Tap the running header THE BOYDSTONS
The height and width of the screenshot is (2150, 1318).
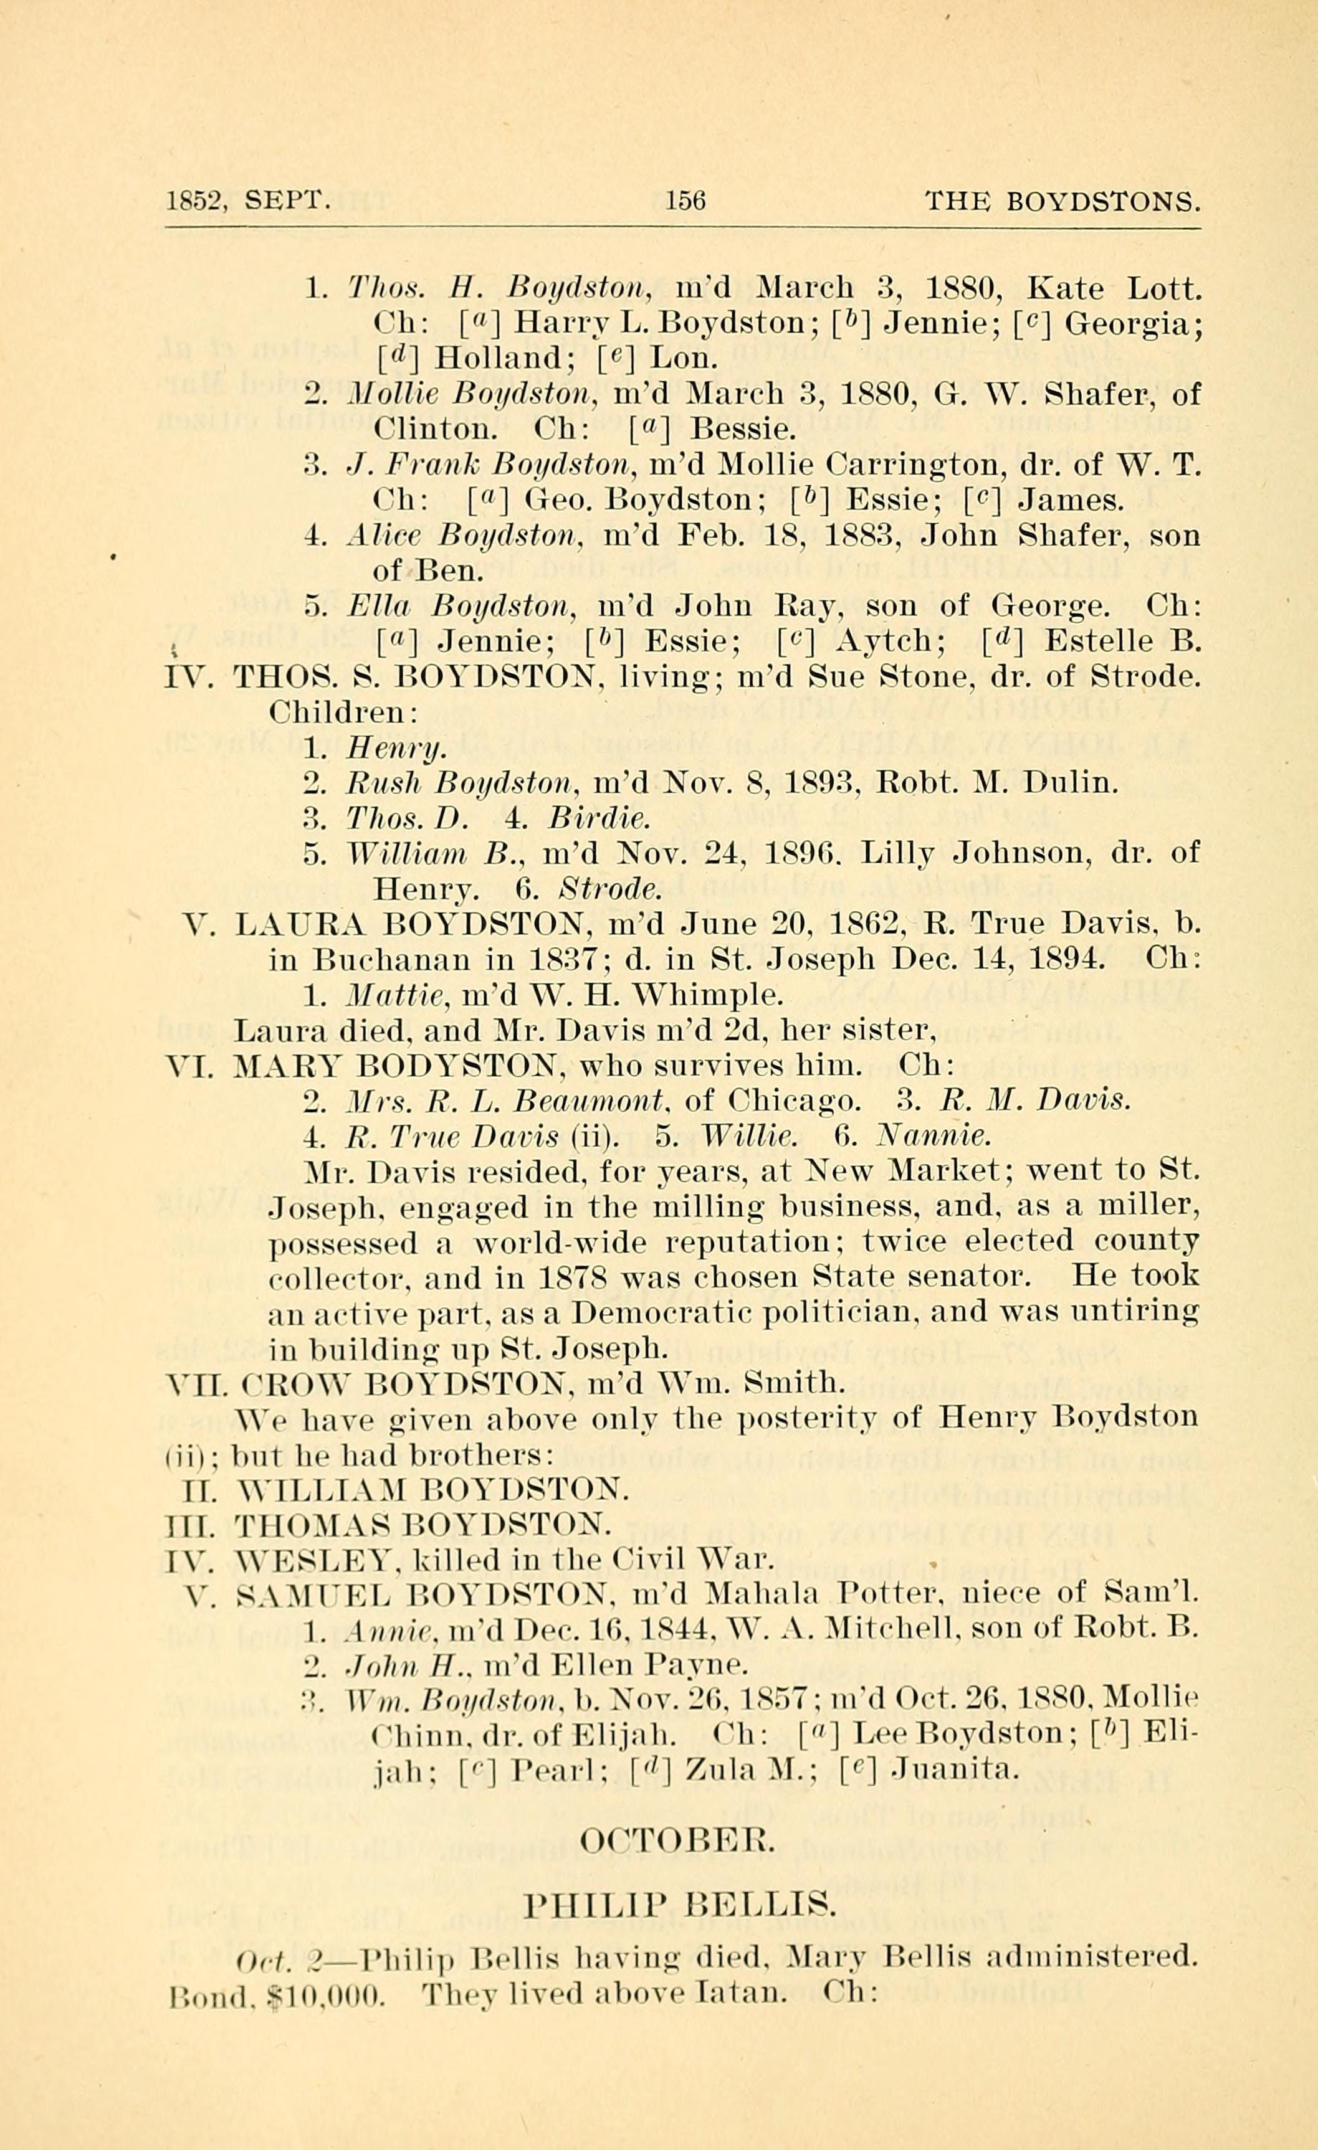coord(1063,202)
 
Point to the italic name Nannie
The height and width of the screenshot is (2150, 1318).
coord(934,1136)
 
